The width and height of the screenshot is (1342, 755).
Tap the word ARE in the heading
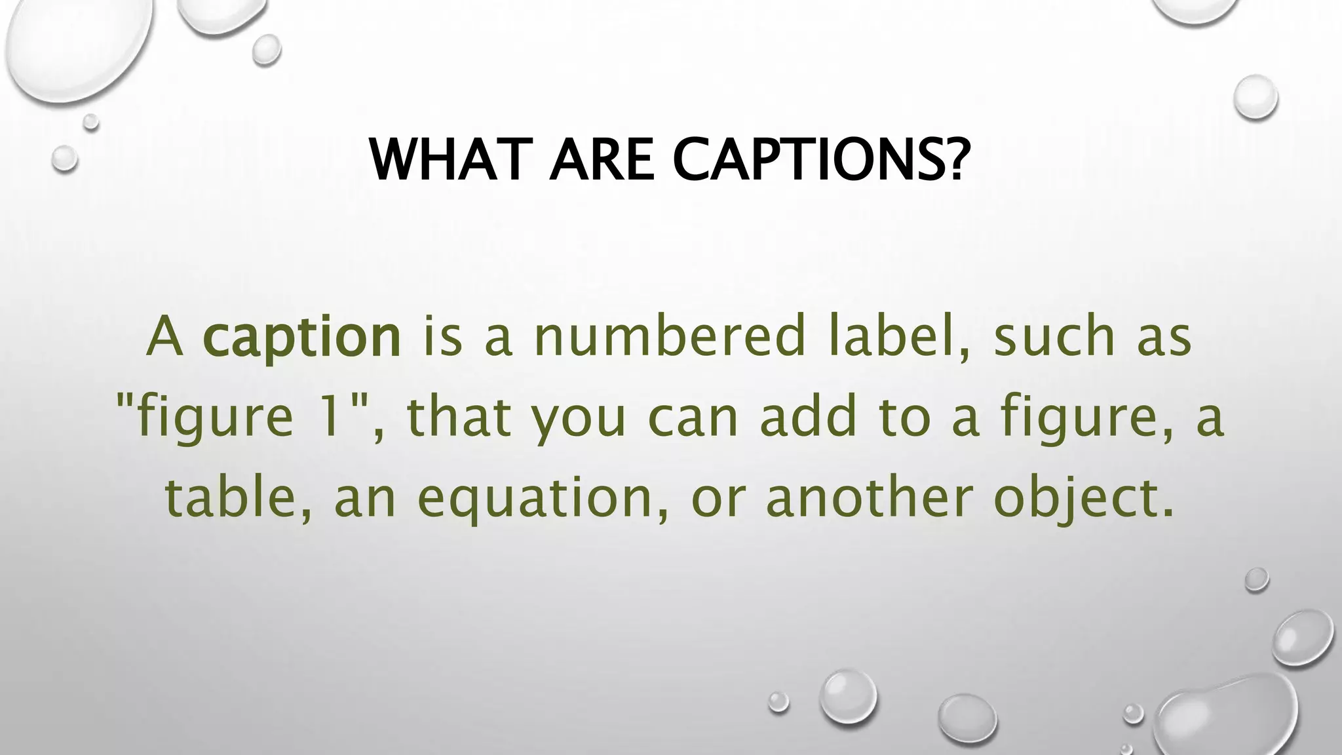(602, 160)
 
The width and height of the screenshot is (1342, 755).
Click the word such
(1054, 337)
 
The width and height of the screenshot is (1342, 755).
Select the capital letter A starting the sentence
(164, 337)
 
